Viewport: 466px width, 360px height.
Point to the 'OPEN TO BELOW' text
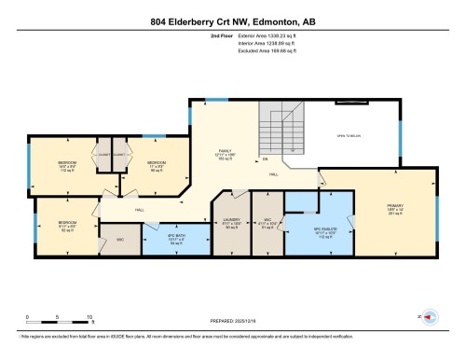tap(349, 136)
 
